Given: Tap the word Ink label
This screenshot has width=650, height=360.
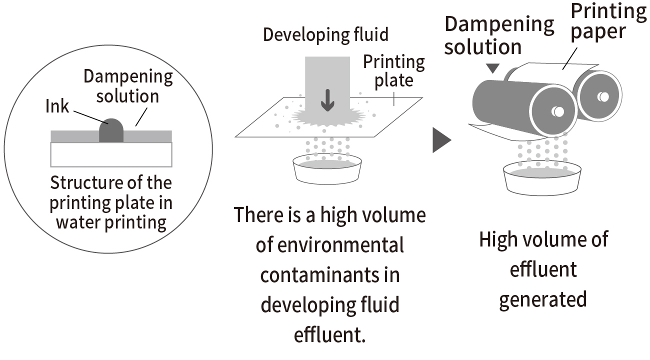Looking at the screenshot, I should click(57, 106).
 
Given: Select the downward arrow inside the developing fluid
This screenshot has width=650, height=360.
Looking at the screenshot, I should click(327, 99).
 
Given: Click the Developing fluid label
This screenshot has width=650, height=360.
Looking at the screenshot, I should click(325, 35).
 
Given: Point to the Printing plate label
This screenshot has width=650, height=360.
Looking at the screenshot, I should click(393, 70).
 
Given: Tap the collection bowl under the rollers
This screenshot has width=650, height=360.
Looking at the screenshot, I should click(542, 180).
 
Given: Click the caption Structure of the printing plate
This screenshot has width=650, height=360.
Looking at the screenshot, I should click(111, 202).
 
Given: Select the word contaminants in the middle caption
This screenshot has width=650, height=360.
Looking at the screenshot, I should click(330, 275).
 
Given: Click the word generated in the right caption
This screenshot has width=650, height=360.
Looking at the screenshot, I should click(542, 299).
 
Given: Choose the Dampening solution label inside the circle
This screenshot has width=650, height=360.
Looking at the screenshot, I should click(128, 86).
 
